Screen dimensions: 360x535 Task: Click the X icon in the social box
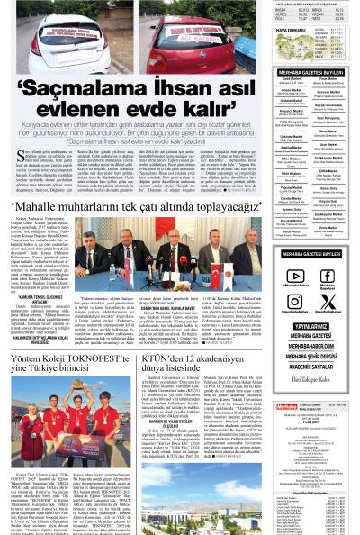[328, 302]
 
